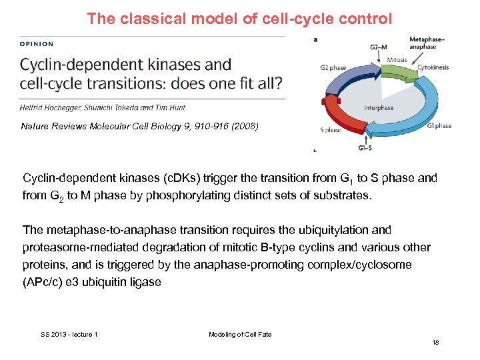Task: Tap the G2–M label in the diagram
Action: click(379, 47)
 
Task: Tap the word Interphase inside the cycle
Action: click(379, 107)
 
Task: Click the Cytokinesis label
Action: click(433, 67)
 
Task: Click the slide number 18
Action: click(435, 342)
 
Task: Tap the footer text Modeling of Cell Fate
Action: click(240, 334)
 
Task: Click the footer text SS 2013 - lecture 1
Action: click(69, 334)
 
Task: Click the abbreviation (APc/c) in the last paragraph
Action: click(45, 282)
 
